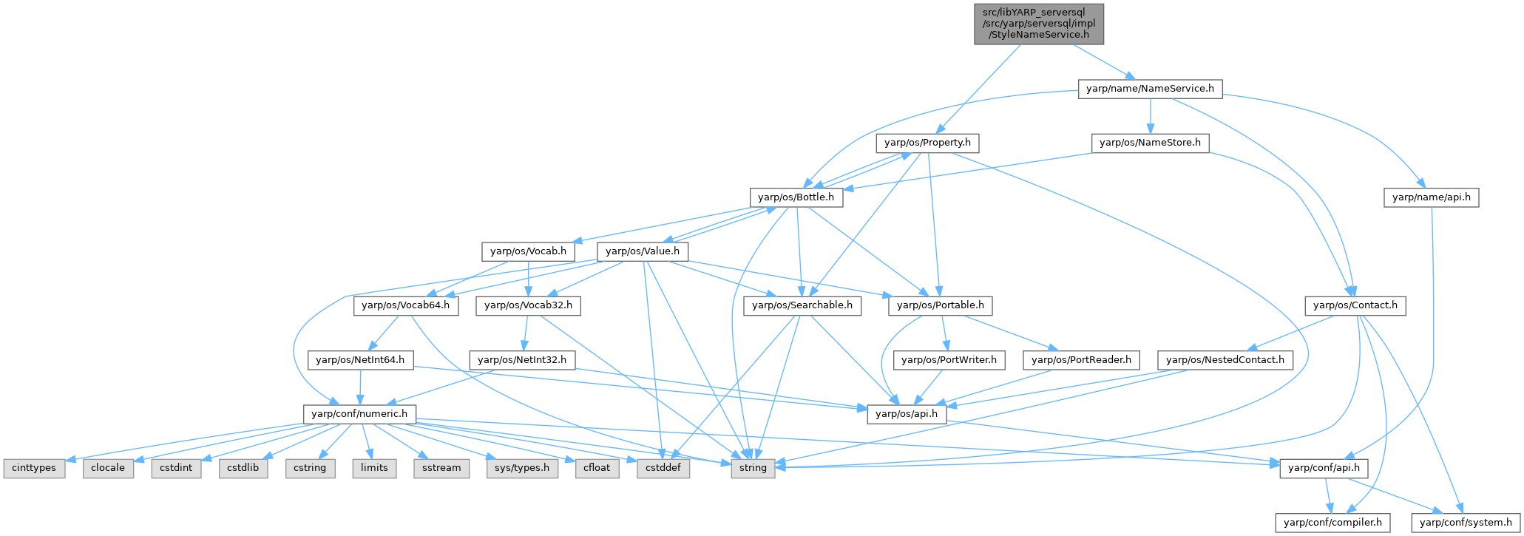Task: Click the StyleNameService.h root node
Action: (1039, 24)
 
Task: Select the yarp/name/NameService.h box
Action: (1150, 89)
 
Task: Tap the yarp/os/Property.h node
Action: (927, 143)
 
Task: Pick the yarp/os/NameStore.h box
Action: (1150, 143)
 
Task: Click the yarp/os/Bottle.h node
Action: (796, 197)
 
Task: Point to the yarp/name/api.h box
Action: (1431, 197)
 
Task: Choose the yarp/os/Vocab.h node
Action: (528, 251)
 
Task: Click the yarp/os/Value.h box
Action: (642, 251)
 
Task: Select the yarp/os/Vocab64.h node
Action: (405, 305)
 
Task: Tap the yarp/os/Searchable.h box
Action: (802, 305)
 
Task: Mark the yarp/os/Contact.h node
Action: (1355, 305)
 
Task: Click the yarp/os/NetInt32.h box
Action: (522, 360)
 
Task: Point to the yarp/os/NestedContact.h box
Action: (1225, 360)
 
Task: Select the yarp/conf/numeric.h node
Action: (359, 414)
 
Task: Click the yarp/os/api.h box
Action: (906, 414)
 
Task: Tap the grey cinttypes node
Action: (34, 468)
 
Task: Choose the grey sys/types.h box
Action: (521, 468)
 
